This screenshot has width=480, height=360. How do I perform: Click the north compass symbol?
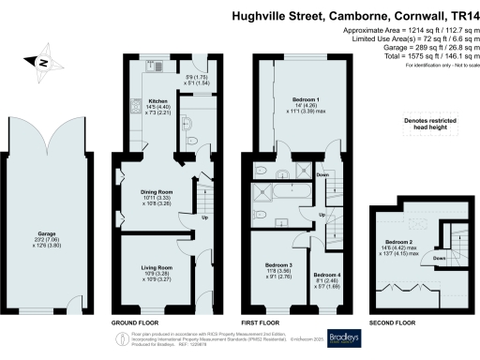coord(42,63)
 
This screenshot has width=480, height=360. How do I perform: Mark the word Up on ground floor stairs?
coord(206,221)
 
